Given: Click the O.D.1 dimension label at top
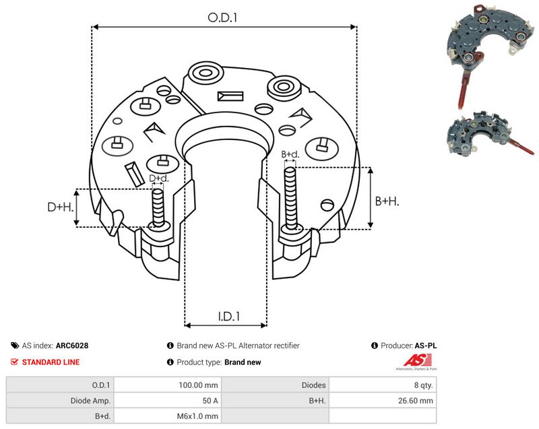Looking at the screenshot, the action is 222,18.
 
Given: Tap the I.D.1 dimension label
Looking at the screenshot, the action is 229,317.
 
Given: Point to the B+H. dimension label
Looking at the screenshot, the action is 387,201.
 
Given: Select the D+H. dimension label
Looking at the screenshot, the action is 61,207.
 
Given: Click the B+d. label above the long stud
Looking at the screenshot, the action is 290,155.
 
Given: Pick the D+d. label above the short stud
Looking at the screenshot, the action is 159,178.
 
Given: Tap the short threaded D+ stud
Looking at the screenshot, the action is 158,208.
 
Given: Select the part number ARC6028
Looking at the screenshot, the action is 72,345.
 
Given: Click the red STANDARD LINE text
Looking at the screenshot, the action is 51,362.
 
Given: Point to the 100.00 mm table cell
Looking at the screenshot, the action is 198,385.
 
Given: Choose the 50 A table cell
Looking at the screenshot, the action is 210,401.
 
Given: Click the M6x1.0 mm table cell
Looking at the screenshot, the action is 197,416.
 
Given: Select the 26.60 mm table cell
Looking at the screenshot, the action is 415,401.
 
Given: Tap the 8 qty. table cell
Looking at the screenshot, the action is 423,385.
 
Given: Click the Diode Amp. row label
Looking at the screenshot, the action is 90,401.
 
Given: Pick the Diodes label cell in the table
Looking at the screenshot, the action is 313,385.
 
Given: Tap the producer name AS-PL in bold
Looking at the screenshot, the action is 426,345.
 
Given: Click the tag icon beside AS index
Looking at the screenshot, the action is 15,345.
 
